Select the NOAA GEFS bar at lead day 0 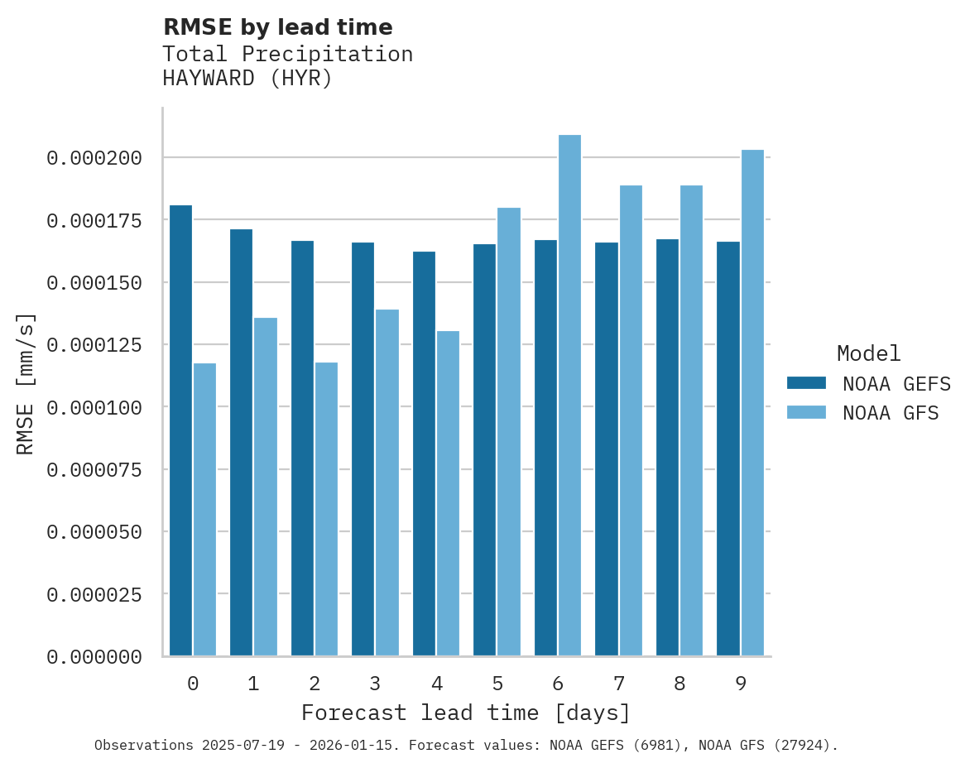(x=180, y=430)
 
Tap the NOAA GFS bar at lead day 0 (x=204, y=509)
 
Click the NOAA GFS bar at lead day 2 (x=326, y=509)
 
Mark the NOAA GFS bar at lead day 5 (x=509, y=431)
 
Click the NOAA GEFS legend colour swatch (x=806, y=382)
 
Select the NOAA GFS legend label (x=891, y=412)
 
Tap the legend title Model (x=868, y=353)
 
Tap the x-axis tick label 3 (x=375, y=684)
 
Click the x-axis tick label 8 (x=679, y=684)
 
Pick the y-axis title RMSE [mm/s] (x=26, y=384)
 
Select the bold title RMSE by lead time (x=277, y=27)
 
